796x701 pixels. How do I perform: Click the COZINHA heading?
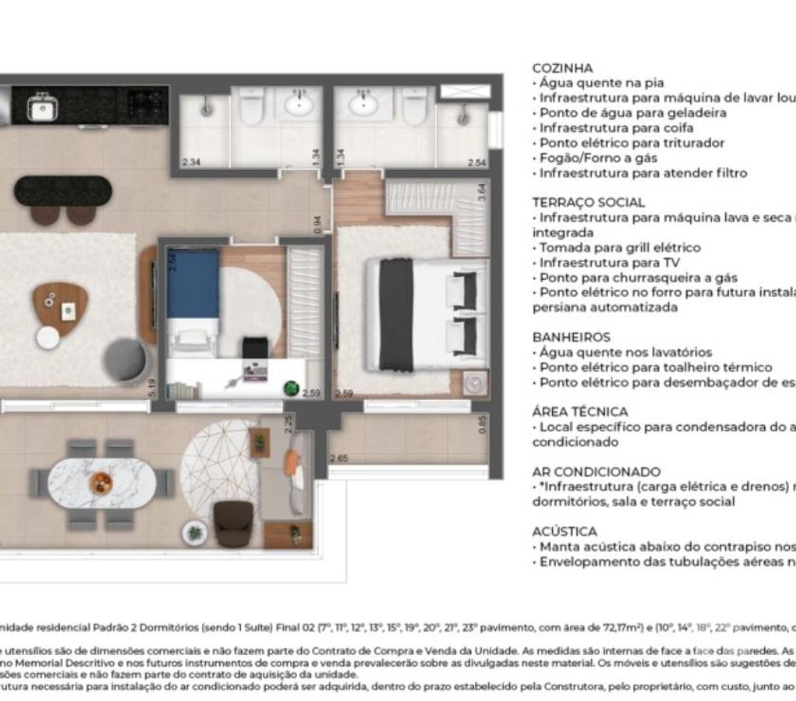pos(562,68)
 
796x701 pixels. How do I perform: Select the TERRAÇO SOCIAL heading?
pos(588,203)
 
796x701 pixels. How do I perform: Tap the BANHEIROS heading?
pos(571,337)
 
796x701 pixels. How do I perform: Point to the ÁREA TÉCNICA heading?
pos(580,412)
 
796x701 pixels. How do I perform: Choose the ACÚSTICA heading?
pos(564,532)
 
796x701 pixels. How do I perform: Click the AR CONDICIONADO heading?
pos(596,472)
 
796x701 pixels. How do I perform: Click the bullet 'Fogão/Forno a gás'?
pos(597,159)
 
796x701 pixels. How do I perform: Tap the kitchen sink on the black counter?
pos(40,108)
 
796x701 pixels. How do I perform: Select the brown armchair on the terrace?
pos(233,522)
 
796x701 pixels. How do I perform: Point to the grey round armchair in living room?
pos(126,361)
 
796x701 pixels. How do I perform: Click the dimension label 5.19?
pos(152,387)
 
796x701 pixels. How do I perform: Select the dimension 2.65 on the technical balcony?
pos(338,459)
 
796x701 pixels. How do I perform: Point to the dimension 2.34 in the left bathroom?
pos(190,162)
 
